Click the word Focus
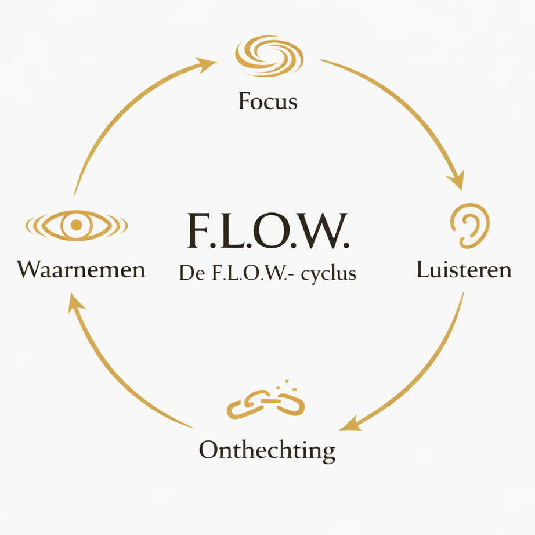[x=267, y=102]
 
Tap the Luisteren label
[x=464, y=270]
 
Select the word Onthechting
[x=267, y=450]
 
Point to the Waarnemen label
[x=81, y=270]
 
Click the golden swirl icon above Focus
[x=269, y=56]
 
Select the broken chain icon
[x=265, y=402]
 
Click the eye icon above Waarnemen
[x=76, y=225]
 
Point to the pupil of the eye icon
[x=76, y=225]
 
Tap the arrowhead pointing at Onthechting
[x=350, y=425]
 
